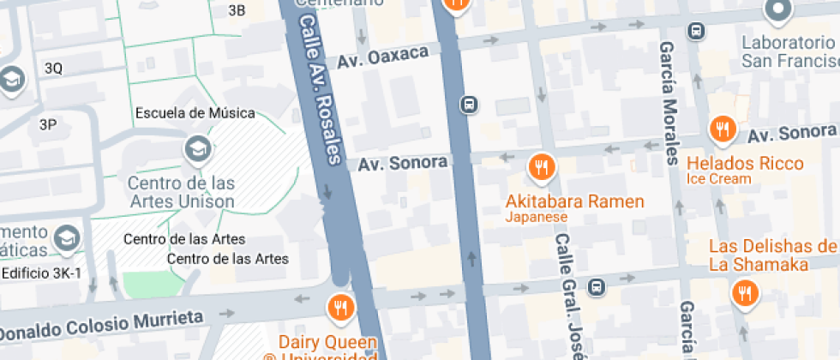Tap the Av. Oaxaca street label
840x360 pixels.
coord(382,57)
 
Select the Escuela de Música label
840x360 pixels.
coord(195,112)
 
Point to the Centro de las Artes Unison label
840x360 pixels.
coord(181,192)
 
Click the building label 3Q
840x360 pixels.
coord(53,69)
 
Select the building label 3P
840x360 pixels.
coord(48,124)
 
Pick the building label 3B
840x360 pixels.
coord(237,10)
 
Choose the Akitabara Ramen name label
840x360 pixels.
coord(575,202)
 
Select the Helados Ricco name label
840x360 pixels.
coord(745,163)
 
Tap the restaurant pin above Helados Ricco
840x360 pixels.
coord(723,129)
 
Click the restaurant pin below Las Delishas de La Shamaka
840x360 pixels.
coord(745,294)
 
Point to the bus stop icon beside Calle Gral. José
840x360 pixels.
coord(597,286)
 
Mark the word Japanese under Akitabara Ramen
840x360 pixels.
coord(537,218)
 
